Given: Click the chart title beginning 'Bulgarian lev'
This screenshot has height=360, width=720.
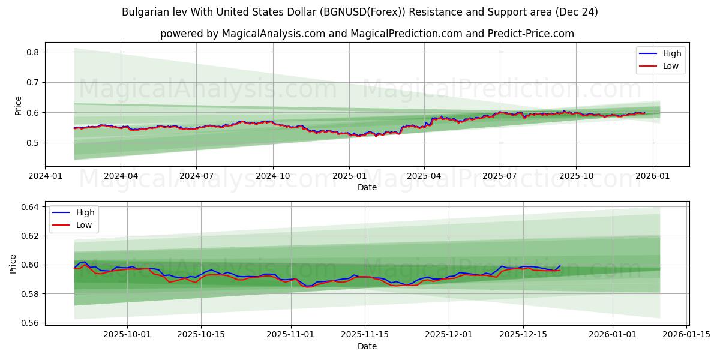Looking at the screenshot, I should click(359, 12).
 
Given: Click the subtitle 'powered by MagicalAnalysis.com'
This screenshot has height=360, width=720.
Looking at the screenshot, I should click(367, 34).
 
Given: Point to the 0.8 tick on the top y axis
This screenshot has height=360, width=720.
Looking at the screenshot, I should click(33, 52).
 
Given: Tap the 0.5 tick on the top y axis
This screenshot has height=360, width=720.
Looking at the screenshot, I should click(33, 143).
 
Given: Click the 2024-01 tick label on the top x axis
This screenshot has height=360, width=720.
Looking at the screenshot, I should click(45, 176).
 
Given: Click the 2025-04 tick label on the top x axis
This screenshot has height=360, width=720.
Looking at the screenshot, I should click(424, 176).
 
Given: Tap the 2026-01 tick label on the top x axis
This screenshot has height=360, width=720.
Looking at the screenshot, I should click(652, 176).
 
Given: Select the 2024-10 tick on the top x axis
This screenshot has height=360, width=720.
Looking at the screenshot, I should click(273, 176).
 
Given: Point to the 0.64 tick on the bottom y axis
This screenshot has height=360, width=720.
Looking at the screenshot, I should click(30, 207).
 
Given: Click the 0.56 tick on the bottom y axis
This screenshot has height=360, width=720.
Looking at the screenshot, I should click(30, 323).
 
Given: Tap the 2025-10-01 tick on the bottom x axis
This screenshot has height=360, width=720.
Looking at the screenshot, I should click(128, 334).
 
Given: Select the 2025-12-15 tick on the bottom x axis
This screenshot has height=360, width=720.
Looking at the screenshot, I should click(523, 334).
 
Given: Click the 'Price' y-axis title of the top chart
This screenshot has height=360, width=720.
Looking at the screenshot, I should click(18, 105).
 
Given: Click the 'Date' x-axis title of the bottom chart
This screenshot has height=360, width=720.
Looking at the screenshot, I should click(367, 346).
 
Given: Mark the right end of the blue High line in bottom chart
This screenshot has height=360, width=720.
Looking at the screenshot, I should click(560, 265).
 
